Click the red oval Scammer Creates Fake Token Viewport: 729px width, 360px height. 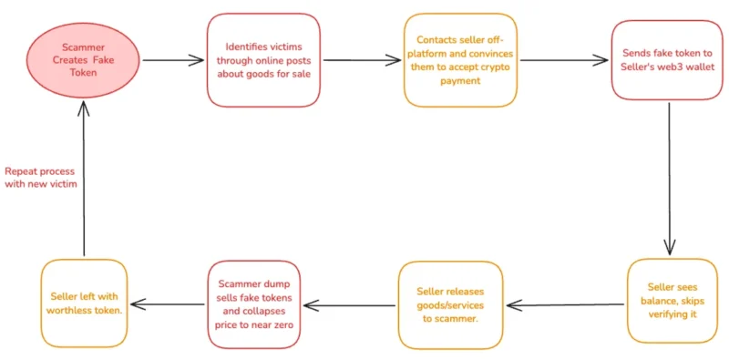pos(83,61)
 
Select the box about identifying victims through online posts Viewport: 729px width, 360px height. pos(263,60)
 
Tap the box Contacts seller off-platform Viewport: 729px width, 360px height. pos(460,60)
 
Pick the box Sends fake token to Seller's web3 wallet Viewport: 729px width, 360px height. pos(667,60)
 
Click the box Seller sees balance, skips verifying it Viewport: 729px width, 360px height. pos(673,301)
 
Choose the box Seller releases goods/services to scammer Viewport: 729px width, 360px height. pos(450,305)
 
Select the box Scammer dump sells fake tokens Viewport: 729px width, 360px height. pos(254,304)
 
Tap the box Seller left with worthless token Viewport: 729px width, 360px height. pos(84,303)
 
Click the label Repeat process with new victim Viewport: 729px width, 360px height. pos(40,178)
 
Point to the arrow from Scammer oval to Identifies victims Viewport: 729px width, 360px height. pos(173,60)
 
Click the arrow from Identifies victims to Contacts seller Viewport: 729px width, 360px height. pos(362,60)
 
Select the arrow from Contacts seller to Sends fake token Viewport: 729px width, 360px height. pos(564,60)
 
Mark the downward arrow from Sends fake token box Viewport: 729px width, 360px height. pos(670,179)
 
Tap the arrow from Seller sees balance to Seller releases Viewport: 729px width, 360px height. pos(565,305)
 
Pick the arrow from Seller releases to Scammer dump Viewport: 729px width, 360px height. pos(350,305)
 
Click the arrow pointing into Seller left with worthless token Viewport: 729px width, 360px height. pos(168,304)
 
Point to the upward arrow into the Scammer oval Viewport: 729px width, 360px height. pos(84,178)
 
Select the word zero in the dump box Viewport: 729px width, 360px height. pos(283,325)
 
